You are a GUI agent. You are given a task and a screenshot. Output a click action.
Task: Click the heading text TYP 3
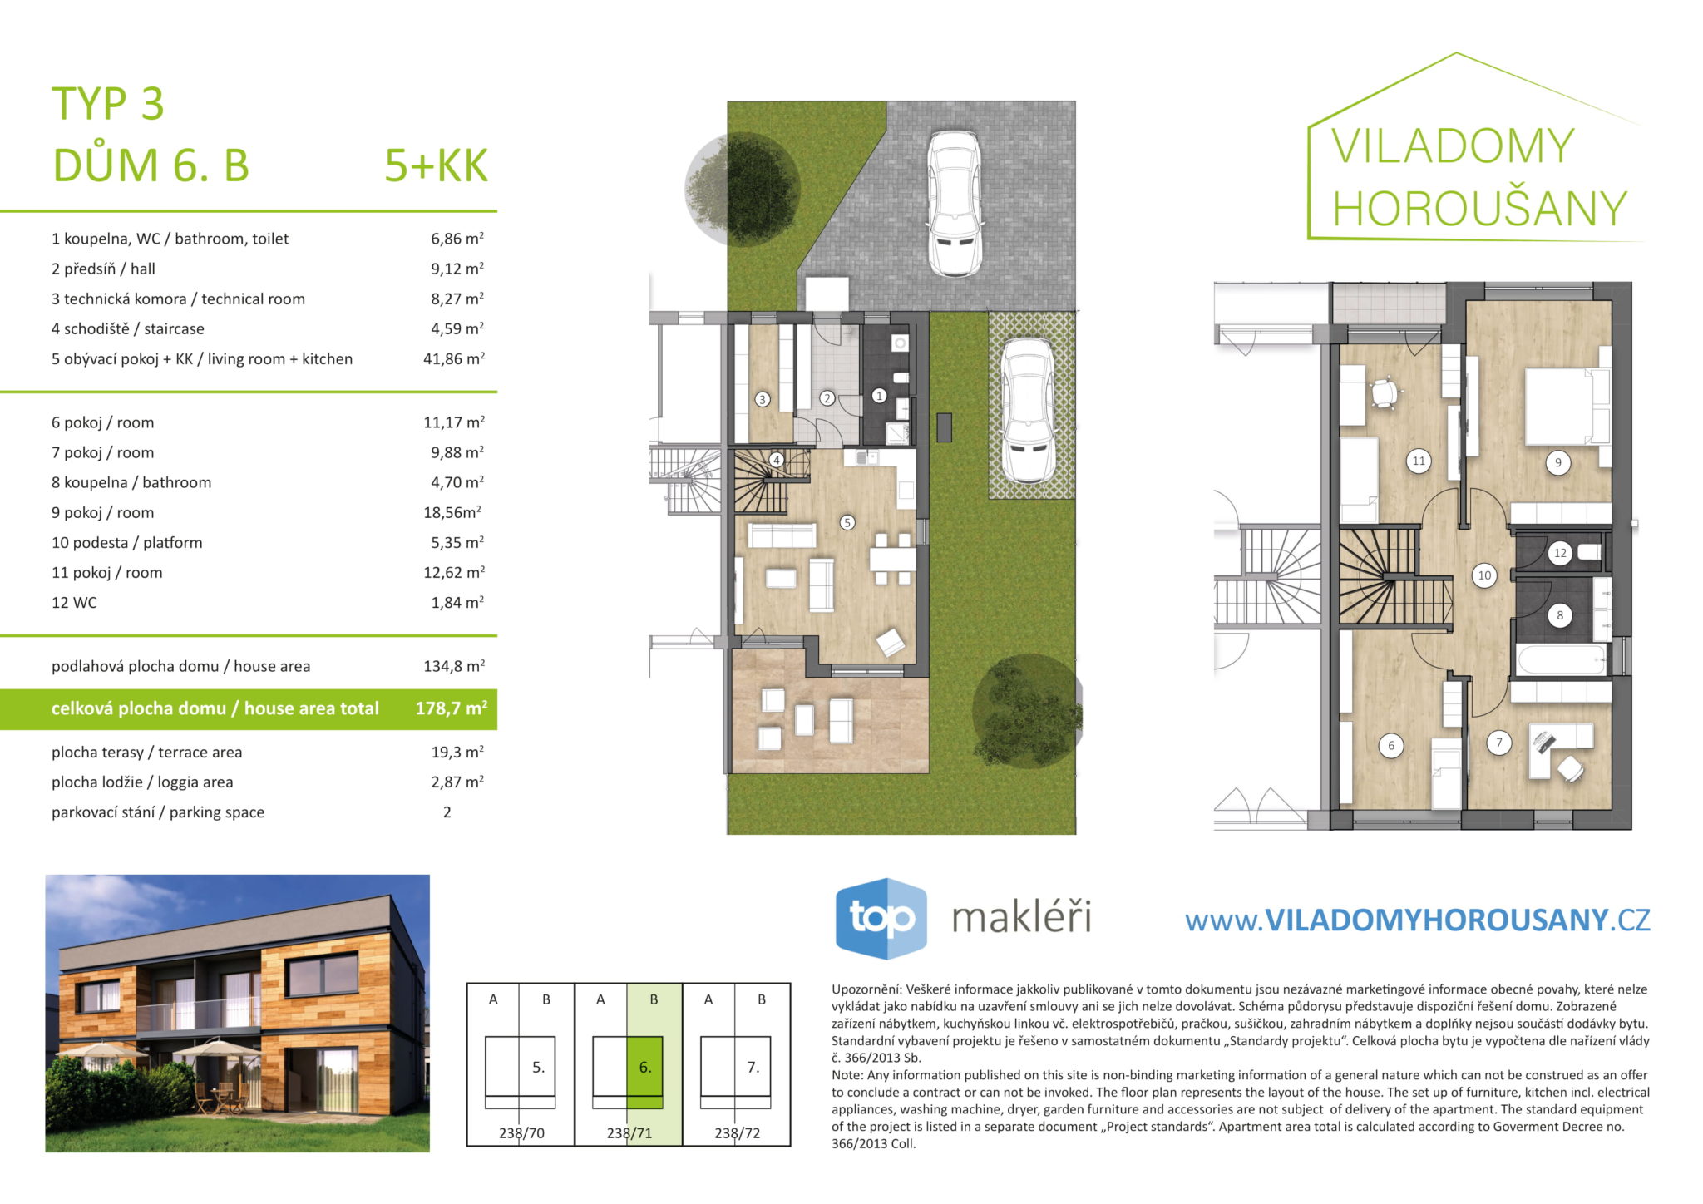pos(108,103)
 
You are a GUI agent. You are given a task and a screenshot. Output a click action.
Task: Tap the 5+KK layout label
pos(436,165)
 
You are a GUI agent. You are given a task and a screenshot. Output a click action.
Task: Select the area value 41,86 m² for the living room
pos(454,358)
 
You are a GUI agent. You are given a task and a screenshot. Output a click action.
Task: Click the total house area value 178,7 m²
pos(452,708)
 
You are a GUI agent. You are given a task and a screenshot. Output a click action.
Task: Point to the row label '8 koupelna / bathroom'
pos(131,482)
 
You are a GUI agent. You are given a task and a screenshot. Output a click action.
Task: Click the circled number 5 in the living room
pos(847,522)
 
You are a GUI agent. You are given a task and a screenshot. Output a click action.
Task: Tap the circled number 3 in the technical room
pos(763,399)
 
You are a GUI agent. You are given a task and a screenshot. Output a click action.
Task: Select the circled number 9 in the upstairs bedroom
pos(1557,463)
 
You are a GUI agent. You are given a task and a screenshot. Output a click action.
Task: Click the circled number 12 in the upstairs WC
pos(1560,552)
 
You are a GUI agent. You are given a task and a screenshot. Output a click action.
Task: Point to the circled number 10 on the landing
pos(1484,575)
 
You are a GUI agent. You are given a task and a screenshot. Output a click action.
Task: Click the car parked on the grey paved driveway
pos(954,203)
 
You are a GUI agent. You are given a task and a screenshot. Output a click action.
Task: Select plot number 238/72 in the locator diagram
pos(737,1132)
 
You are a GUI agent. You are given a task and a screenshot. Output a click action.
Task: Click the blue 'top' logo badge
pos(881,918)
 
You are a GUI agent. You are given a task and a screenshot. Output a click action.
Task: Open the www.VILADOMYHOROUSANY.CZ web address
pos(1417,920)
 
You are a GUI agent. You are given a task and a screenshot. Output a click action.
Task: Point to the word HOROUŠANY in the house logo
pos(1479,208)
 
